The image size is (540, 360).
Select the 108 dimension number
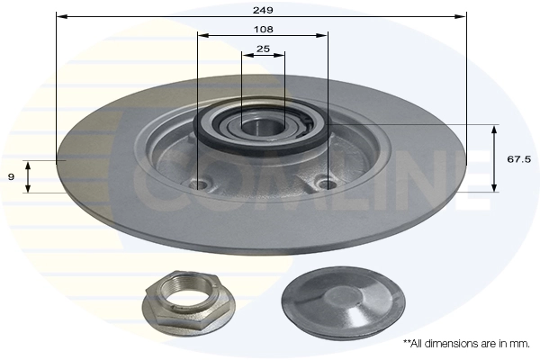(x=263, y=29)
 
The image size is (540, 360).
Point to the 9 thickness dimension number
(x=11, y=177)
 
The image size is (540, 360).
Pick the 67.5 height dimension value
(x=517, y=158)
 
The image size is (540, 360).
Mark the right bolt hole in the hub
(x=328, y=184)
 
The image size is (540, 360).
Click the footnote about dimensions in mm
(x=466, y=343)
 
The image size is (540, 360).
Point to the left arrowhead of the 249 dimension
(x=59, y=16)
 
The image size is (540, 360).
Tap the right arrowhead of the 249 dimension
(x=463, y=16)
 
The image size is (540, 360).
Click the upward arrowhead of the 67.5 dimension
(x=494, y=129)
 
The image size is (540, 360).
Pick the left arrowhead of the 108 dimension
(x=202, y=35)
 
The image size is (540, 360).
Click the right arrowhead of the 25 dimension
(x=282, y=54)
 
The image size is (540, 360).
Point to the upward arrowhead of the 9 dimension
(x=29, y=164)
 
